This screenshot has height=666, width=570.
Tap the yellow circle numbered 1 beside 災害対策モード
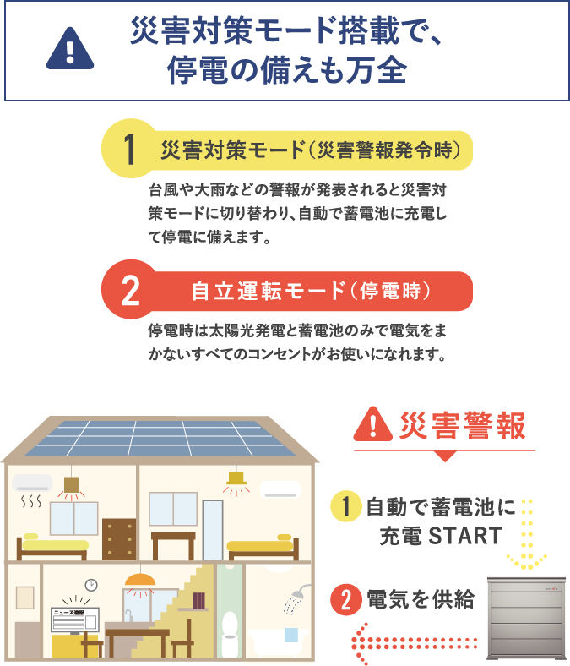[128, 150]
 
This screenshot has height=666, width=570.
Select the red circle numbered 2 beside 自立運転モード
[129, 292]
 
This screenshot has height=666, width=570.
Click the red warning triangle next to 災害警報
[373, 423]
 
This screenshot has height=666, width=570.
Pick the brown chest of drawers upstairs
[119, 538]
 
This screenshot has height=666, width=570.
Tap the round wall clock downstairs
[91, 585]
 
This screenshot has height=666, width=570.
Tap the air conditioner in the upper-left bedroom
[33, 483]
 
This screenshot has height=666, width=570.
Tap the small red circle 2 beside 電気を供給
[346, 600]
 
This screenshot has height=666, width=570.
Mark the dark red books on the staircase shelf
[198, 599]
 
